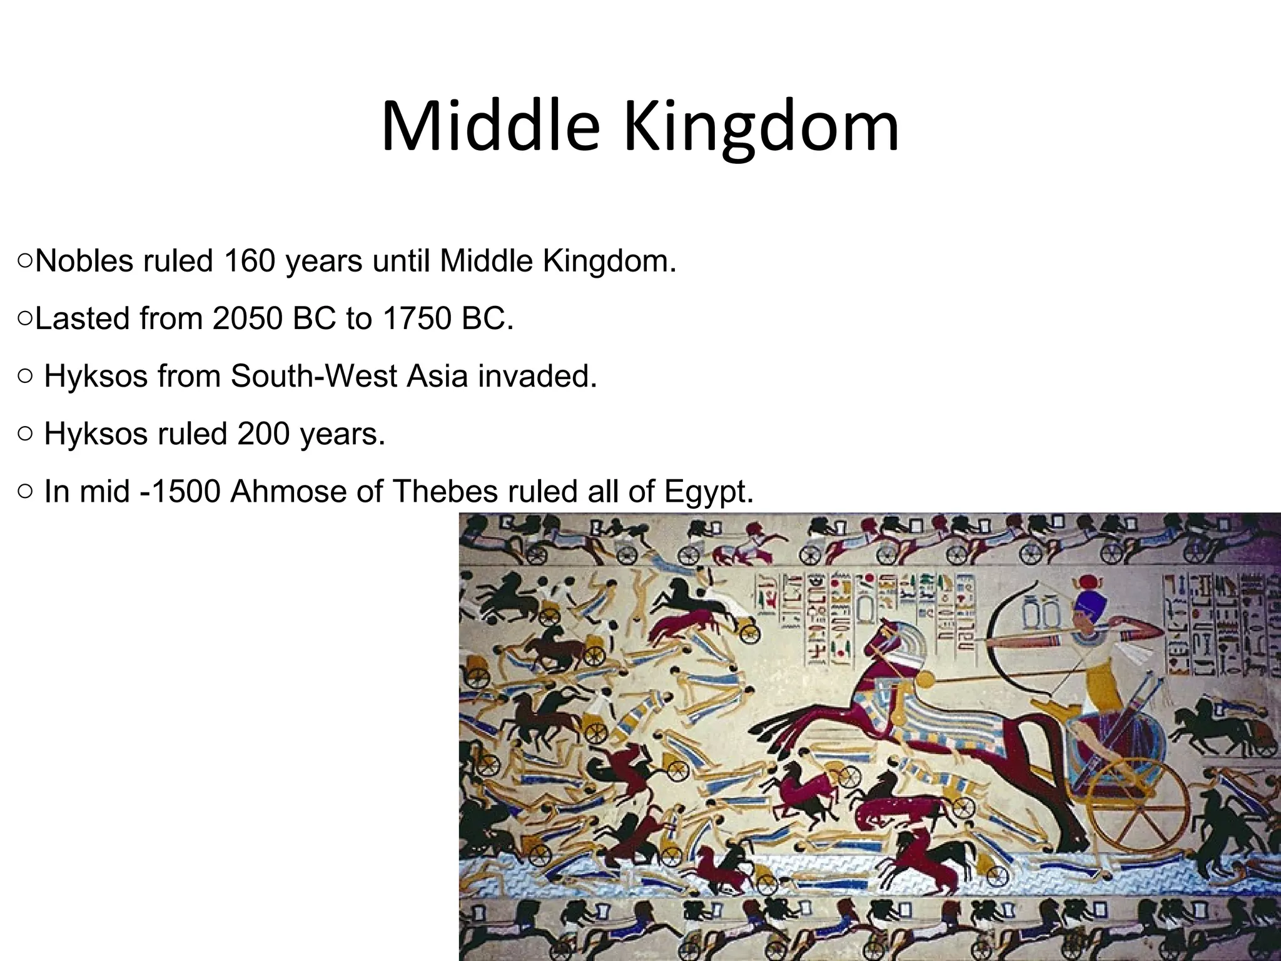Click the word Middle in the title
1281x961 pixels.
[x=490, y=127]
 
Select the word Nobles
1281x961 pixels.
[x=84, y=261]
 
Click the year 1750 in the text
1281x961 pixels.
[x=418, y=318]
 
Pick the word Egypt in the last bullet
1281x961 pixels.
[x=708, y=491]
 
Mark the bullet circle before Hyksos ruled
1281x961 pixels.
[x=24, y=434]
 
